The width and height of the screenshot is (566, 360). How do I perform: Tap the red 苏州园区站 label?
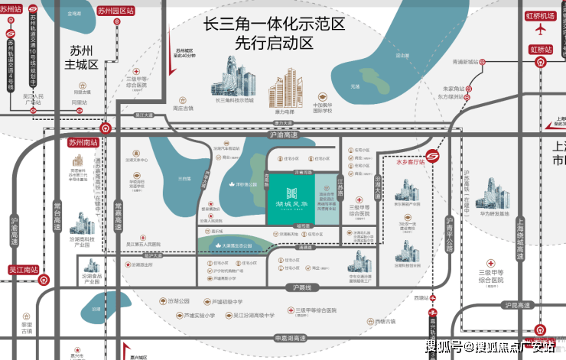pos(116,11)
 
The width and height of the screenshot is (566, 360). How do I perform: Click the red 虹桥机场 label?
pos(542,15)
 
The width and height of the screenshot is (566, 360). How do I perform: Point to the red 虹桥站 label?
pos(546,49)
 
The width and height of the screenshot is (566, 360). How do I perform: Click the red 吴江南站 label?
pos(22,269)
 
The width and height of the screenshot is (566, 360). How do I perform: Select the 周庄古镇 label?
pos(183,108)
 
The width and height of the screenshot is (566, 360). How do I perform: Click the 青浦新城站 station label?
pos(465,61)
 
